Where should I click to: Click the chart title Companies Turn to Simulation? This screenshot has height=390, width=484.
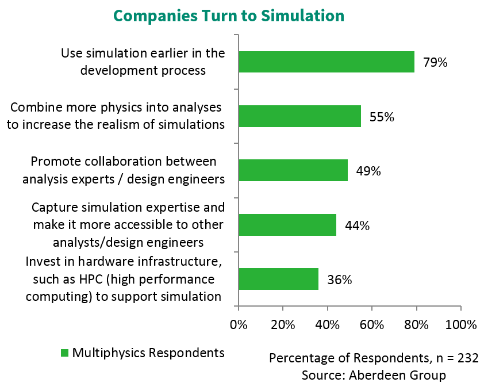point(229,16)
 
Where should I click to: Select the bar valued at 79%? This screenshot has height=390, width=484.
point(326,62)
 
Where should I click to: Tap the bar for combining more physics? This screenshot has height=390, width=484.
point(299,116)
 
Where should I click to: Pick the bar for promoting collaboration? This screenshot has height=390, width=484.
point(293,170)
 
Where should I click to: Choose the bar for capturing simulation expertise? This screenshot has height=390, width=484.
point(287,224)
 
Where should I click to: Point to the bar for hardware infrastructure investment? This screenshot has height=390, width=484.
point(278,279)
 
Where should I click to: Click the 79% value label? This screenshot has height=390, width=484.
point(435,62)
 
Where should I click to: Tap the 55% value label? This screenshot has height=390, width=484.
point(382,117)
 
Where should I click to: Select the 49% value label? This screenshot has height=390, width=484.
point(368,171)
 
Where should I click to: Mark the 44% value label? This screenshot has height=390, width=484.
point(357,225)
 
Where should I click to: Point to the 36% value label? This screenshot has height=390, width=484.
point(339,280)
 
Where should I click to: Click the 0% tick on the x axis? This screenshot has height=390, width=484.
point(238,324)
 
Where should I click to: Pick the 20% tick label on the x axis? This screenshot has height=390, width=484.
point(282,324)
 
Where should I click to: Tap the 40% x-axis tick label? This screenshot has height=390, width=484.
point(327,324)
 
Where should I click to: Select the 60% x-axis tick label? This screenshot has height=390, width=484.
point(371,324)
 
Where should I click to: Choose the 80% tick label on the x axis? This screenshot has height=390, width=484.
point(416,324)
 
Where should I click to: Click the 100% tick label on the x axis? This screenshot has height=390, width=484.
point(460,324)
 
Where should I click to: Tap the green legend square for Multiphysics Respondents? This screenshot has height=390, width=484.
point(64,353)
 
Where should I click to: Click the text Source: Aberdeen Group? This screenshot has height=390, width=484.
point(374,375)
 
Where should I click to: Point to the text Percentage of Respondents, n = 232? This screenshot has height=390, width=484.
point(374,358)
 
